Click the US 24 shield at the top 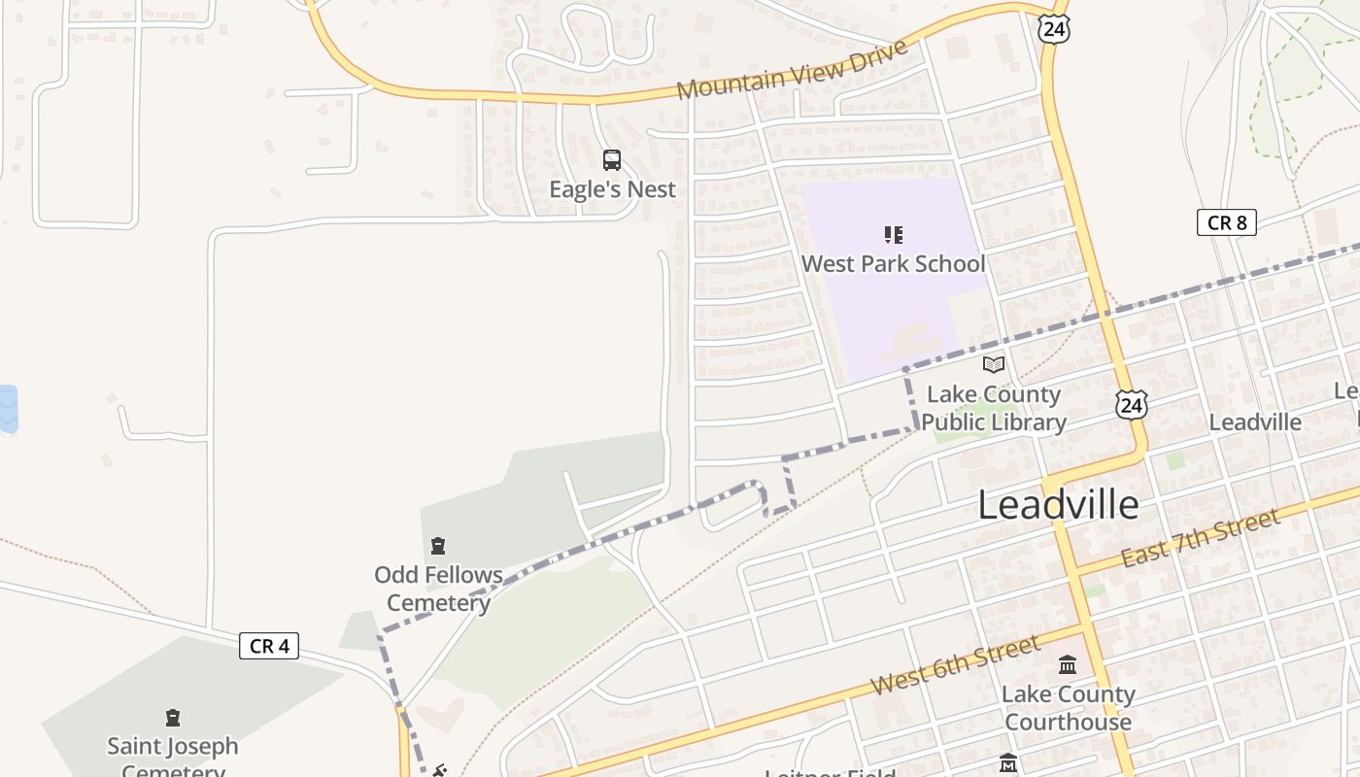[1053, 29]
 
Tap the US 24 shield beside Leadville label [1131, 404]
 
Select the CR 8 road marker [1226, 222]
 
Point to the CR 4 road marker [269, 646]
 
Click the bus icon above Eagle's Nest [612, 160]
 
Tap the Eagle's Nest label [612, 189]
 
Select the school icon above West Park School [893, 235]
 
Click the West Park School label [893, 264]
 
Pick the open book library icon [993, 365]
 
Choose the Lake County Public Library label [993, 409]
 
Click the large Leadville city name [1058, 505]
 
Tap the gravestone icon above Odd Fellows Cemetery [438, 546]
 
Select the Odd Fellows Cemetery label [439, 589]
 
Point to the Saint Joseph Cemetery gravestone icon [173, 718]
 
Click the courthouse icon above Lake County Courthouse [1068, 665]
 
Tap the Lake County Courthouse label [1068, 708]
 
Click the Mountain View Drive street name [792, 69]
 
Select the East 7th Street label [1201, 538]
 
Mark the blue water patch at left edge [8, 409]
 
